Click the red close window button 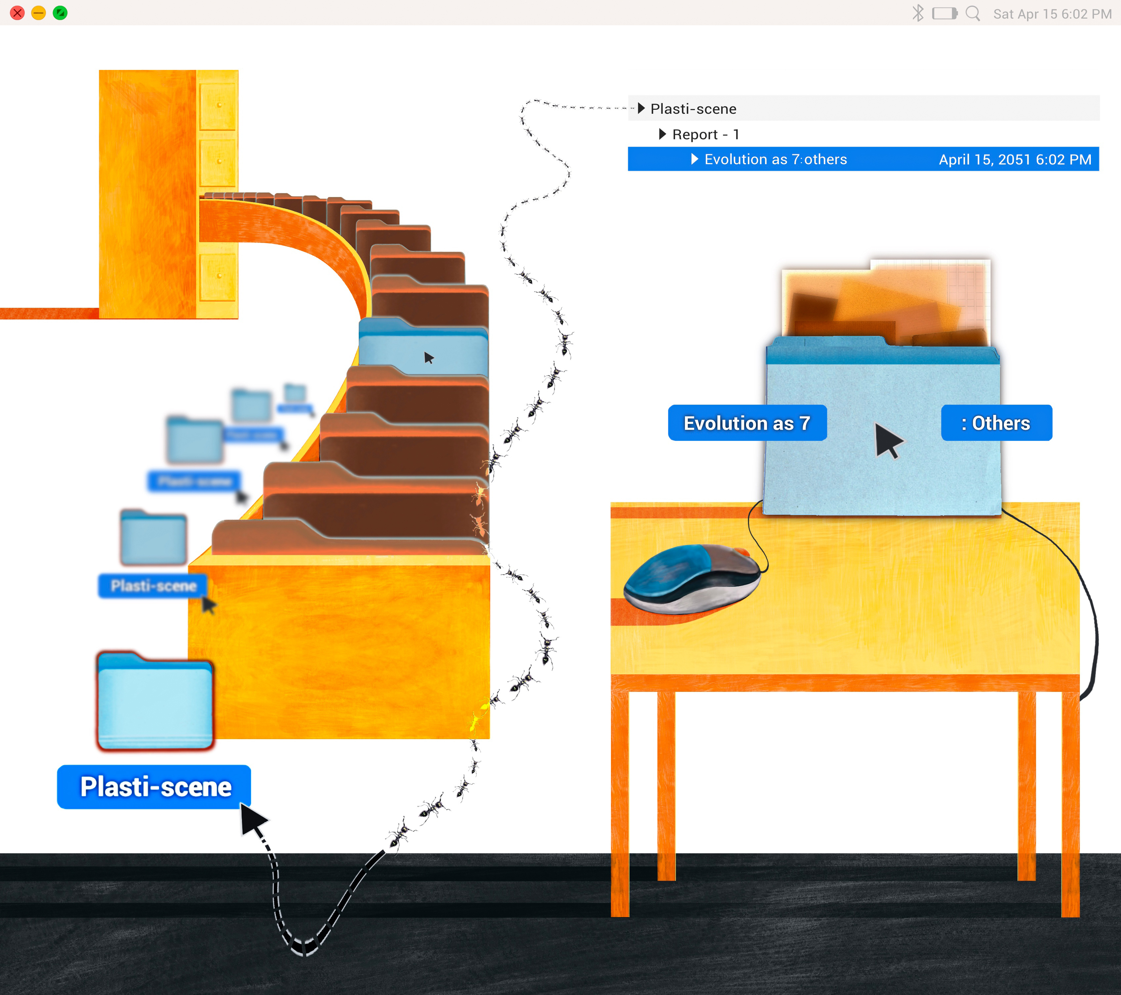point(18,13)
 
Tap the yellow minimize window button point(38,13)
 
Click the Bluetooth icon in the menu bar point(918,13)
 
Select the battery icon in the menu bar point(944,13)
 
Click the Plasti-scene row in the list point(693,108)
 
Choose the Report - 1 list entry point(705,134)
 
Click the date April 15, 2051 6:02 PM point(1014,160)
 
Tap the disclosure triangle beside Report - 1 point(662,134)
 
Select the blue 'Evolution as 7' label point(747,423)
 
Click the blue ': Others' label point(996,423)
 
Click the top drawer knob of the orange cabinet point(219,104)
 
